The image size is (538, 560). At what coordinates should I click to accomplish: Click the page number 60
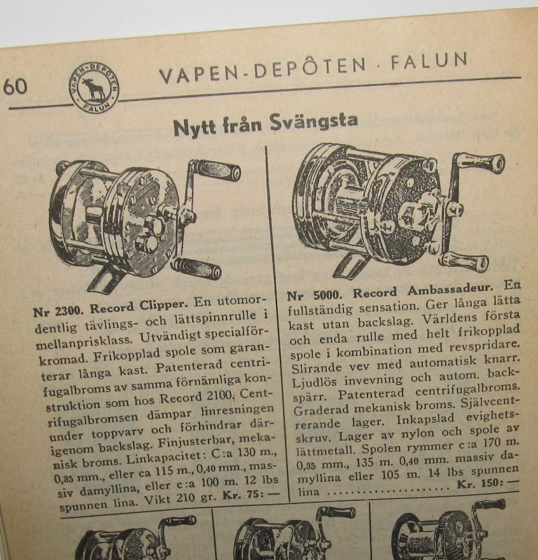pos(15,87)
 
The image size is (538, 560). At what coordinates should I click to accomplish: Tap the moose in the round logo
pos(93,89)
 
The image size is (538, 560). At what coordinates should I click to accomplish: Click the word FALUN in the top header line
pos(429,62)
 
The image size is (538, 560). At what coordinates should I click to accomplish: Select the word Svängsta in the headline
pos(314,122)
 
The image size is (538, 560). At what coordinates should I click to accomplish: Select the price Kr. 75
pos(251,495)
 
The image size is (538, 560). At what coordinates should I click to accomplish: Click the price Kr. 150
pos(487,484)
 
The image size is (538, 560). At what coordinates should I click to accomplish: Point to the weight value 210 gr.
pos(195,498)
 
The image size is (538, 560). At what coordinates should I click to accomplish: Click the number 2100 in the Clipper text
pos(220,397)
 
